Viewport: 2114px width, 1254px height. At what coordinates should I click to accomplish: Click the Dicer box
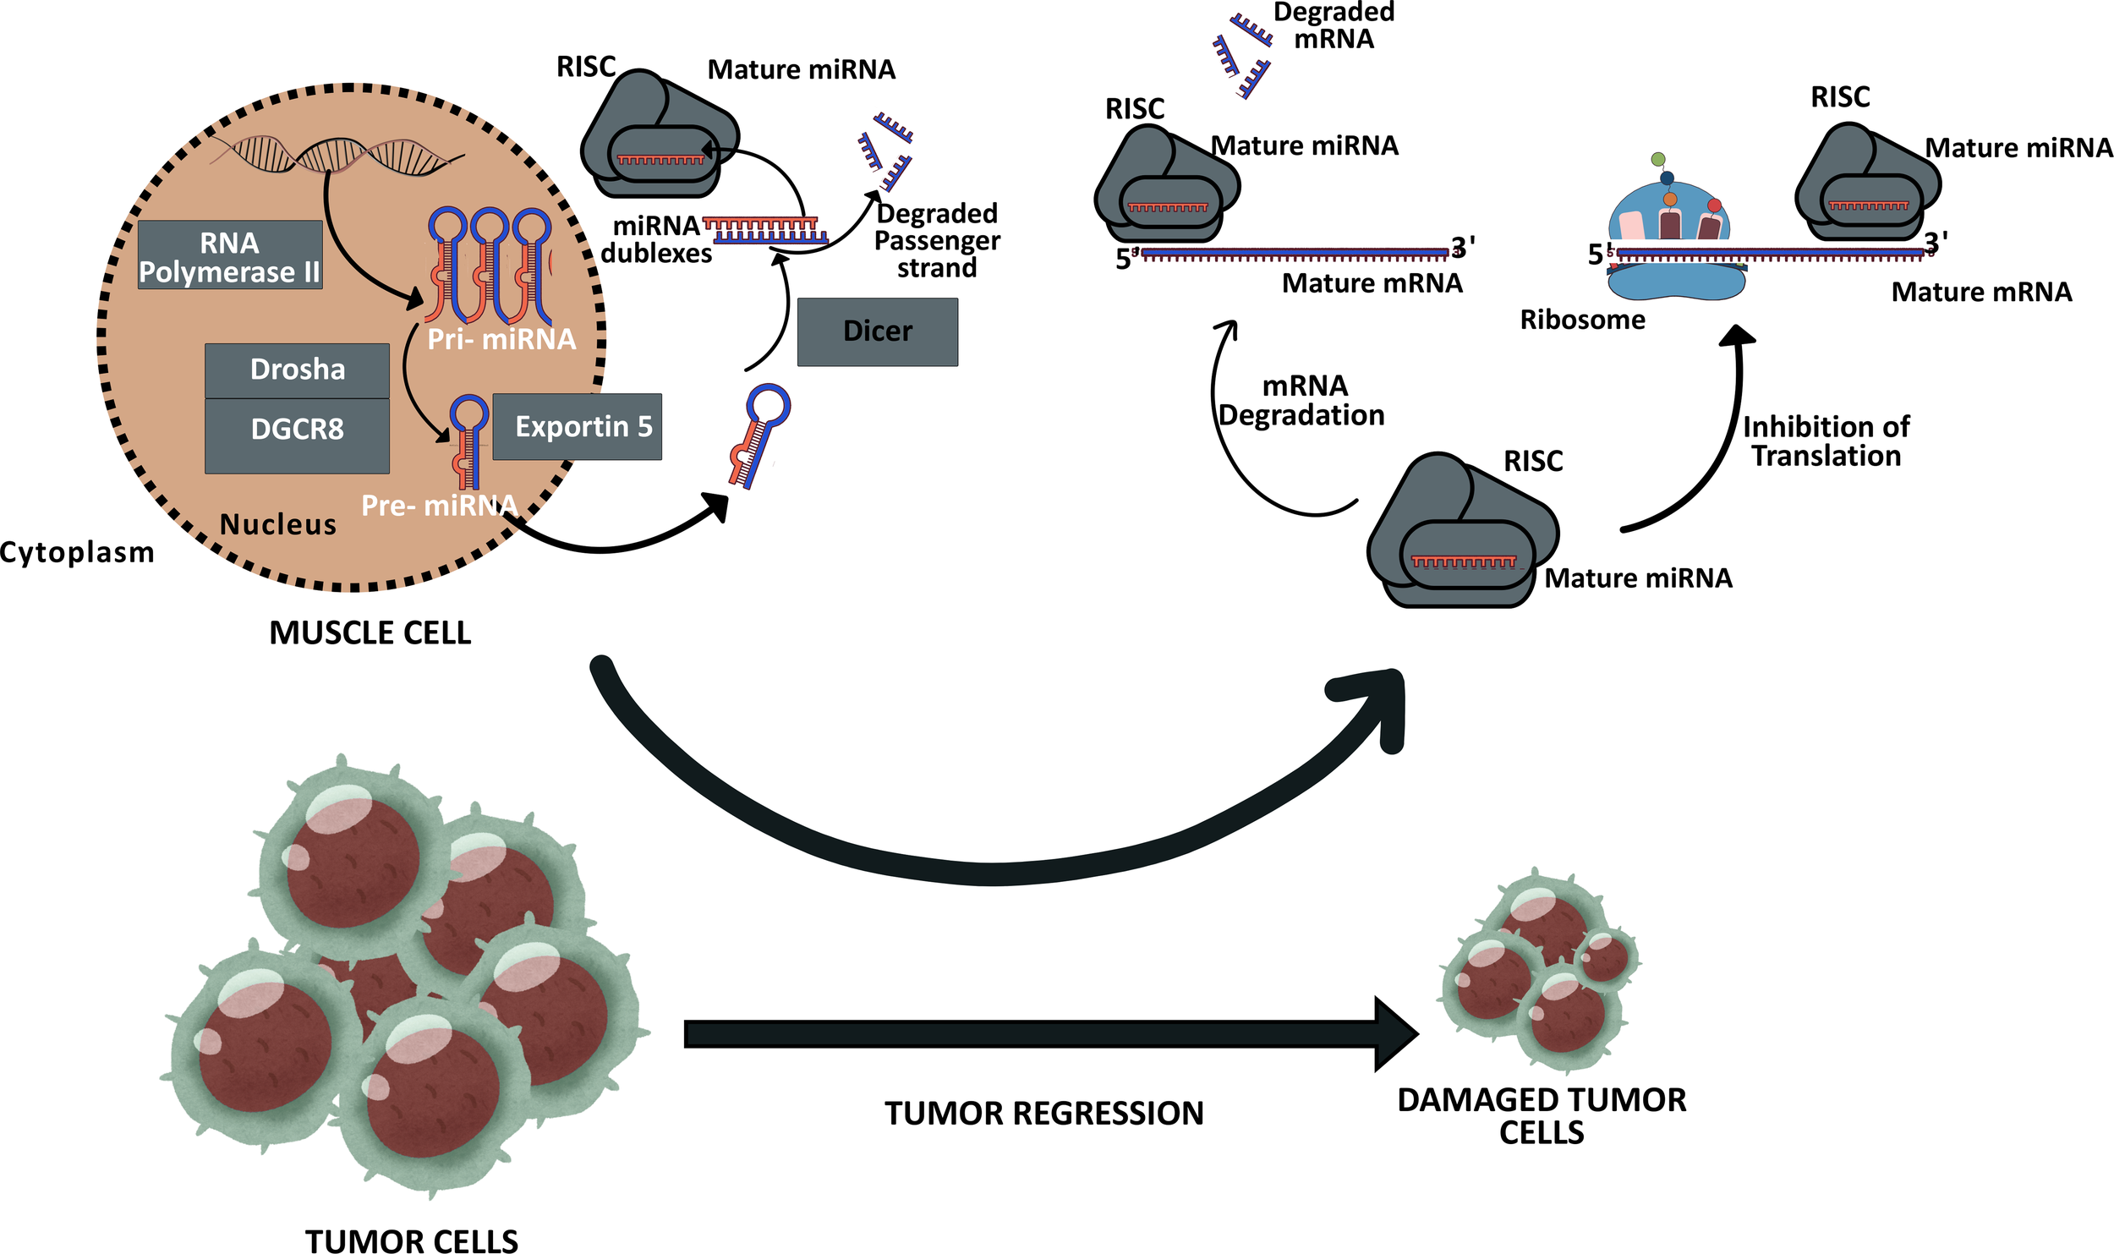[x=877, y=331]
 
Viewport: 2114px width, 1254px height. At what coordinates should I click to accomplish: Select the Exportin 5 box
[x=577, y=427]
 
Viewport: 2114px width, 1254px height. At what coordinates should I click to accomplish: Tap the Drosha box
[x=297, y=370]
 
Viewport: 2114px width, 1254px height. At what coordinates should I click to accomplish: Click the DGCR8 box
[x=297, y=430]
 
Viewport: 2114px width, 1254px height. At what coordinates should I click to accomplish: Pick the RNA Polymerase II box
[x=229, y=256]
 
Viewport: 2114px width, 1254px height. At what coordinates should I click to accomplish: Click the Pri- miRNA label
[x=501, y=340]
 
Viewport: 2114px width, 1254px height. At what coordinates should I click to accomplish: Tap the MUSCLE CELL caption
[x=370, y=633]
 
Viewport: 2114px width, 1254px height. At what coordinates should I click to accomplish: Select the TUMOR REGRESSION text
[x=1043, y=1114]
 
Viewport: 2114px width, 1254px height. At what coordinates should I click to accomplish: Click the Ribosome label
[x=1582, y=320]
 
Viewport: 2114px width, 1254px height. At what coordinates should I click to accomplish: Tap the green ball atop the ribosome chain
[x=1657, y=159]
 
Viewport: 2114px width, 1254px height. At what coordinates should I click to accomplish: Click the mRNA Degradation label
[x=1302, y=401]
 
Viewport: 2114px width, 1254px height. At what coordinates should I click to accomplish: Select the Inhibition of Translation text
[x=1825, y=441]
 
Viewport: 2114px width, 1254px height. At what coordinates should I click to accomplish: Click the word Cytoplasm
[x=77, y=553]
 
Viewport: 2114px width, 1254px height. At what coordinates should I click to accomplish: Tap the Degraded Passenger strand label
[x=937, y=241]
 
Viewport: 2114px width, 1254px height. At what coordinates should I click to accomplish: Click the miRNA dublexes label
[x=656, y=240]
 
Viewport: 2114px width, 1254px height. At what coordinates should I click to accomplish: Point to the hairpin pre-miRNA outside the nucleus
[x=759, y=435]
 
